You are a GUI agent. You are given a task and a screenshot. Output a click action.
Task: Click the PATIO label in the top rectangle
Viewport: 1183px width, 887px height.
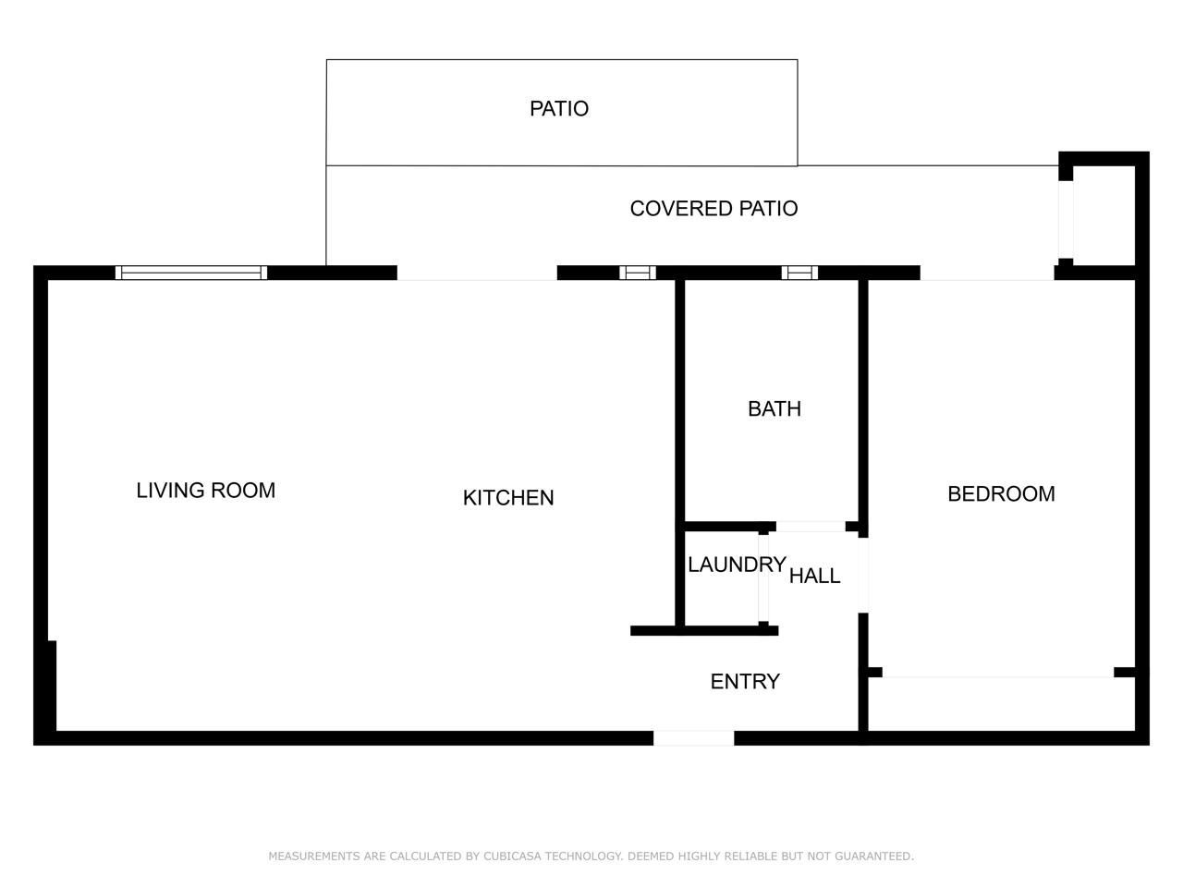[x=559, y=109]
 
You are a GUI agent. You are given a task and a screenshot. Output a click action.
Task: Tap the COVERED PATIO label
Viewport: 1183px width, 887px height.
[x=713, y=209]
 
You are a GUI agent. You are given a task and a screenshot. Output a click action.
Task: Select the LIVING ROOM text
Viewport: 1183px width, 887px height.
[x=205, y=491]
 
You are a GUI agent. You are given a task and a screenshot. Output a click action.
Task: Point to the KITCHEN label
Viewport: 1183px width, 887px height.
[x=508, y=498]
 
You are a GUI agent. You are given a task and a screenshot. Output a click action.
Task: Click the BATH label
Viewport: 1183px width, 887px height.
[x=774, y=409]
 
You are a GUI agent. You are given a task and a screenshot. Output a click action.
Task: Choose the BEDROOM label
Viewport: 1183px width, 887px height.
[x=1001, y=494]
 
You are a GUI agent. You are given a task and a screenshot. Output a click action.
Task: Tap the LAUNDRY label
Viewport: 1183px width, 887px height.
[x=737, y=565]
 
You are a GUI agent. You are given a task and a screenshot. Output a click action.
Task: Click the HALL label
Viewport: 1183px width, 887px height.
[x=814, y=577]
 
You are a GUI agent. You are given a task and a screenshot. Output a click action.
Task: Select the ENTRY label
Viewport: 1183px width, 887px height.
[x=745, y=682]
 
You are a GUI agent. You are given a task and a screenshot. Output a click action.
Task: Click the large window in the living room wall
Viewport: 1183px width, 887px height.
[x=191, y=273]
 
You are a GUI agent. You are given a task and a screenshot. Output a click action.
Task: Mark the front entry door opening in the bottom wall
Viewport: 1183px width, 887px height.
[x=693, y=738]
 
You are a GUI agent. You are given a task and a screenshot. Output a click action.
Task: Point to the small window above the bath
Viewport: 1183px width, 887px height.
[x=799, y=273]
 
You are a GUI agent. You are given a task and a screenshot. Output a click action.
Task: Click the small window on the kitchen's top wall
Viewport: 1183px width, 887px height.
[x=638, y=273]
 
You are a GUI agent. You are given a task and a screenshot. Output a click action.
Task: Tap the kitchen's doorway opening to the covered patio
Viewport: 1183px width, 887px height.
[x=477, y=273]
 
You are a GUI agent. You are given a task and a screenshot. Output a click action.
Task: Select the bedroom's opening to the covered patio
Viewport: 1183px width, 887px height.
[x=987, y=273]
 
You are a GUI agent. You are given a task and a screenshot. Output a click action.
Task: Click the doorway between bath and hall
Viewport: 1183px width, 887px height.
[x=811, y=528]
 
